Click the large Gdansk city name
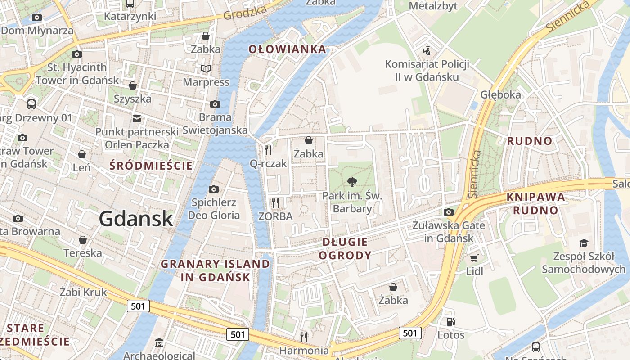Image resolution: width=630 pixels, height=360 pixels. click(136, 219)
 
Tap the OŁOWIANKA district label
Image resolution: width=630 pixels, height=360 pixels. click(287, 49)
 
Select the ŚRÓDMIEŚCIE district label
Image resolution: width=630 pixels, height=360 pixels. click(151, 166)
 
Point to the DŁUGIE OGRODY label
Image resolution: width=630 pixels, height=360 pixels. click(345, 249)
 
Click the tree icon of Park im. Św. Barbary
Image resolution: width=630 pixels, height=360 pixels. click(352, 182)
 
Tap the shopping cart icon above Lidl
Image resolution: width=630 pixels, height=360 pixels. click(474, 258)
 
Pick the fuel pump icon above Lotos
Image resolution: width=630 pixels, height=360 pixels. click(450, 322)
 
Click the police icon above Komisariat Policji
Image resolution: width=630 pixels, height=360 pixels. click(427, 50)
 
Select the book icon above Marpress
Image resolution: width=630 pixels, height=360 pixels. click(206, 69)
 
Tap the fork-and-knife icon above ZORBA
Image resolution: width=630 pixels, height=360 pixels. click(275, 203)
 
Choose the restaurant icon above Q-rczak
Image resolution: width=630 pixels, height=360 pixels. click(268, 150)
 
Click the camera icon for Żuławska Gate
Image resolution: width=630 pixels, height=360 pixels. click(448, 212)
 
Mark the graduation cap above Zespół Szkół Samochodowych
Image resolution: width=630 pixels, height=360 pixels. click(584, 243)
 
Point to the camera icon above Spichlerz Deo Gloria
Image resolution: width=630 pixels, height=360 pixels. click(214, 189)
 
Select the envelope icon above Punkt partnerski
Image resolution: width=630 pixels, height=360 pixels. click(137, 119)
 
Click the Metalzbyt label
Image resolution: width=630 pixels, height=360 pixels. click(433, 6)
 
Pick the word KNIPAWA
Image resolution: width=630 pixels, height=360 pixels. click(535, 197)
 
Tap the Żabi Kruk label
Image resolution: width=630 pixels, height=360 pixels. click(83, 292)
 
